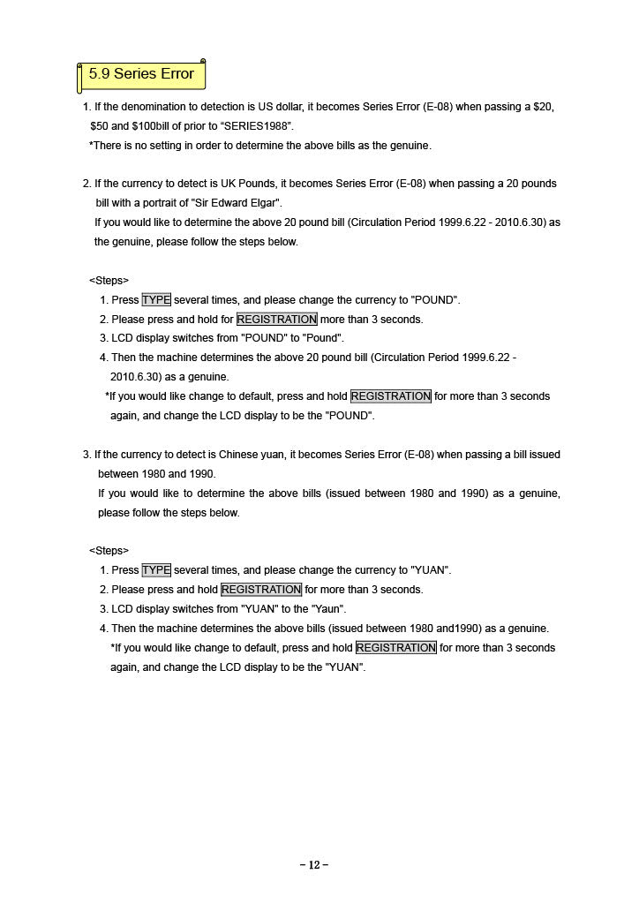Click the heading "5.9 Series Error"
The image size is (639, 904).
[141, 74]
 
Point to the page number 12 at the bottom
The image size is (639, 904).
[314, 865]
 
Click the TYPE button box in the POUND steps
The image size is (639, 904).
[156, 300]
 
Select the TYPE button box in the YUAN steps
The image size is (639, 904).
[156, 570]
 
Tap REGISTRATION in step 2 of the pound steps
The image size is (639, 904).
[276, 320]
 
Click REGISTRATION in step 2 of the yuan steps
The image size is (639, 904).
[260, 590]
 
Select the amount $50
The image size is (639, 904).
[99, 126]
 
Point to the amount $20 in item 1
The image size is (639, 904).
[544, 107]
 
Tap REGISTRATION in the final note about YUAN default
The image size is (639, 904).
[395, 648]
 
